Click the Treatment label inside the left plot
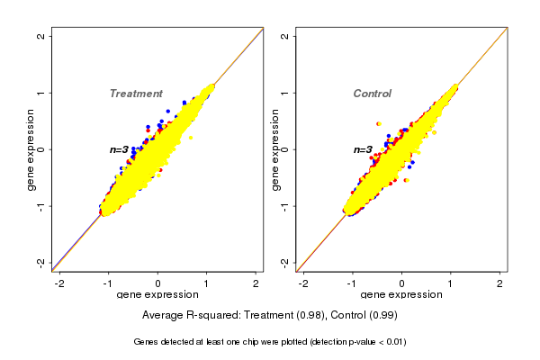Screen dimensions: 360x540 (x=136, y=94)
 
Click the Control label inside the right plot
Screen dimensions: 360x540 (x=373, y=94)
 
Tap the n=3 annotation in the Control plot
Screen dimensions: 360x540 (x=363, y=149)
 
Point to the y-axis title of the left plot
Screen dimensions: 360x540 (x=32, y=149)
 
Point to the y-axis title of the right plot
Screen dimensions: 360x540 (x=276, y=149)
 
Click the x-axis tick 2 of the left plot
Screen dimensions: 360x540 (x=256, y=283)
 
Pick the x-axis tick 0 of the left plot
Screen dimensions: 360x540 (x=158, y=283)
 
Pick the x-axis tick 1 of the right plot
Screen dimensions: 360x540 (x=451, y=283)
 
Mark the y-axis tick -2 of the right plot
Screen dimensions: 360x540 (x=285, y=262)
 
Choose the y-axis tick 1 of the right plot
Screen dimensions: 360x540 (x=285, y=93)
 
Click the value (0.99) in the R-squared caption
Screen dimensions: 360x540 (x=381, y=316)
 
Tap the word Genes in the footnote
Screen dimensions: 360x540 (x=146, y=342)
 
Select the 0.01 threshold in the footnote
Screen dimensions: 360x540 (x=393, y=342)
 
